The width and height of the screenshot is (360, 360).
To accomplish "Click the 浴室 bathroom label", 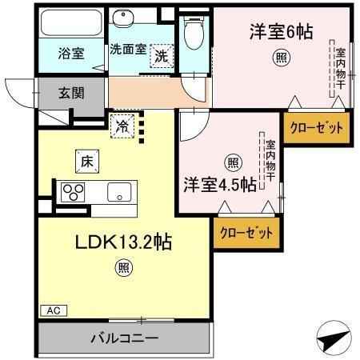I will click(x=71, y=54).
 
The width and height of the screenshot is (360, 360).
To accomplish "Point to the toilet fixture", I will click(x=192, y=31).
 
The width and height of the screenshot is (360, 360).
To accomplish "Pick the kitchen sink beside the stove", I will click(x=120, y=192).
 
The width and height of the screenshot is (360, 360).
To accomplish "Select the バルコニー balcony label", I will click(x=123, y=337).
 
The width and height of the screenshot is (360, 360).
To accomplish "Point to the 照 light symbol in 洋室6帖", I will click(x=282, y=57).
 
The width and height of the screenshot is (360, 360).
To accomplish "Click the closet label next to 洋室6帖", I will click(x=316, y=127).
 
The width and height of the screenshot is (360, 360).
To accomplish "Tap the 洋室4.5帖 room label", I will click(x=219, y=184).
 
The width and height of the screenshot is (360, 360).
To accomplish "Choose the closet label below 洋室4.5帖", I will click(x=245, y=232).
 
